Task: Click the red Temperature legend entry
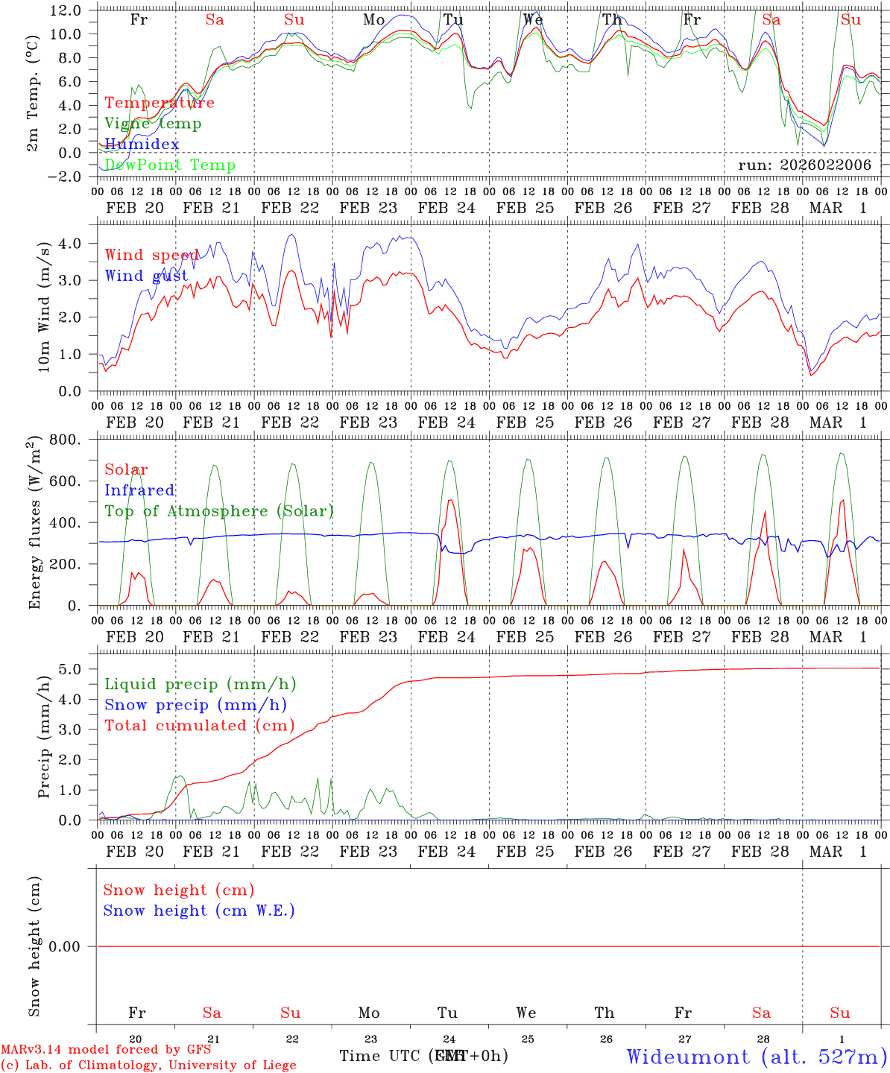(x=160, y=103)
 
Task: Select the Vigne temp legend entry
(x=153, y=124)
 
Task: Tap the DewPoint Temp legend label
(x=170, y=165)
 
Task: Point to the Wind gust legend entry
(x=146, y=276)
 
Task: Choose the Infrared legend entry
(x=139, y=490)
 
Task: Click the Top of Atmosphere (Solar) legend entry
(x=219, y=511)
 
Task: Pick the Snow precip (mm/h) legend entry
(x=196, y=705)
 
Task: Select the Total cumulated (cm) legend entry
(x=200, y=725)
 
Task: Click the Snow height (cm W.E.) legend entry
(x=199, y=911)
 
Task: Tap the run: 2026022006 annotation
(x=804, y=165)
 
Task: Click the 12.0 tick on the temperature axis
(x=66, y=10)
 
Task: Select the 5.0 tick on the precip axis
(x=74, y=669)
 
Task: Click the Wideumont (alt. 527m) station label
(x=757, y=1057)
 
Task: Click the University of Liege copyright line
(x=149, y=1066)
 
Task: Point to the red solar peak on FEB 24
(x=450, y=501)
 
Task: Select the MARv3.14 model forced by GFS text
(x=106, y=1050)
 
